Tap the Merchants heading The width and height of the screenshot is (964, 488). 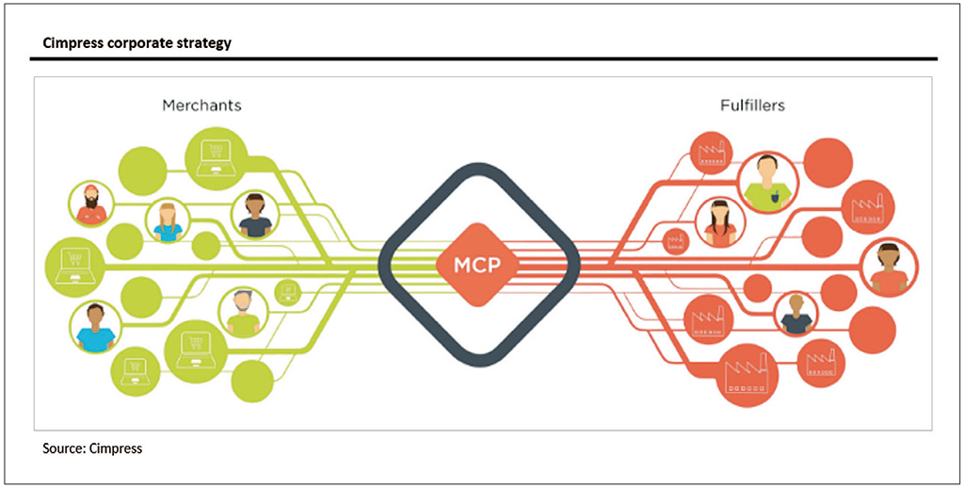[x=201, y=105]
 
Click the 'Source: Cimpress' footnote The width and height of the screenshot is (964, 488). [x=92, y=448]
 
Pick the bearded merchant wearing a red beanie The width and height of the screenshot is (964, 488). [x=91, y=205]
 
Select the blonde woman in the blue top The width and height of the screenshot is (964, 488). [x=168, y=220]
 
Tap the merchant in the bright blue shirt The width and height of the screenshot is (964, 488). [x=94, y=327]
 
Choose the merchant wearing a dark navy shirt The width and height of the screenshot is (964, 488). [x=255, y=214]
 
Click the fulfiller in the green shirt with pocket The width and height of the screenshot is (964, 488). [x=768, y=182]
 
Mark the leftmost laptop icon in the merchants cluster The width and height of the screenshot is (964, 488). [x=76, y=265]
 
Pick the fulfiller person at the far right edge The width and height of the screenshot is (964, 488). [x=890, y=265]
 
